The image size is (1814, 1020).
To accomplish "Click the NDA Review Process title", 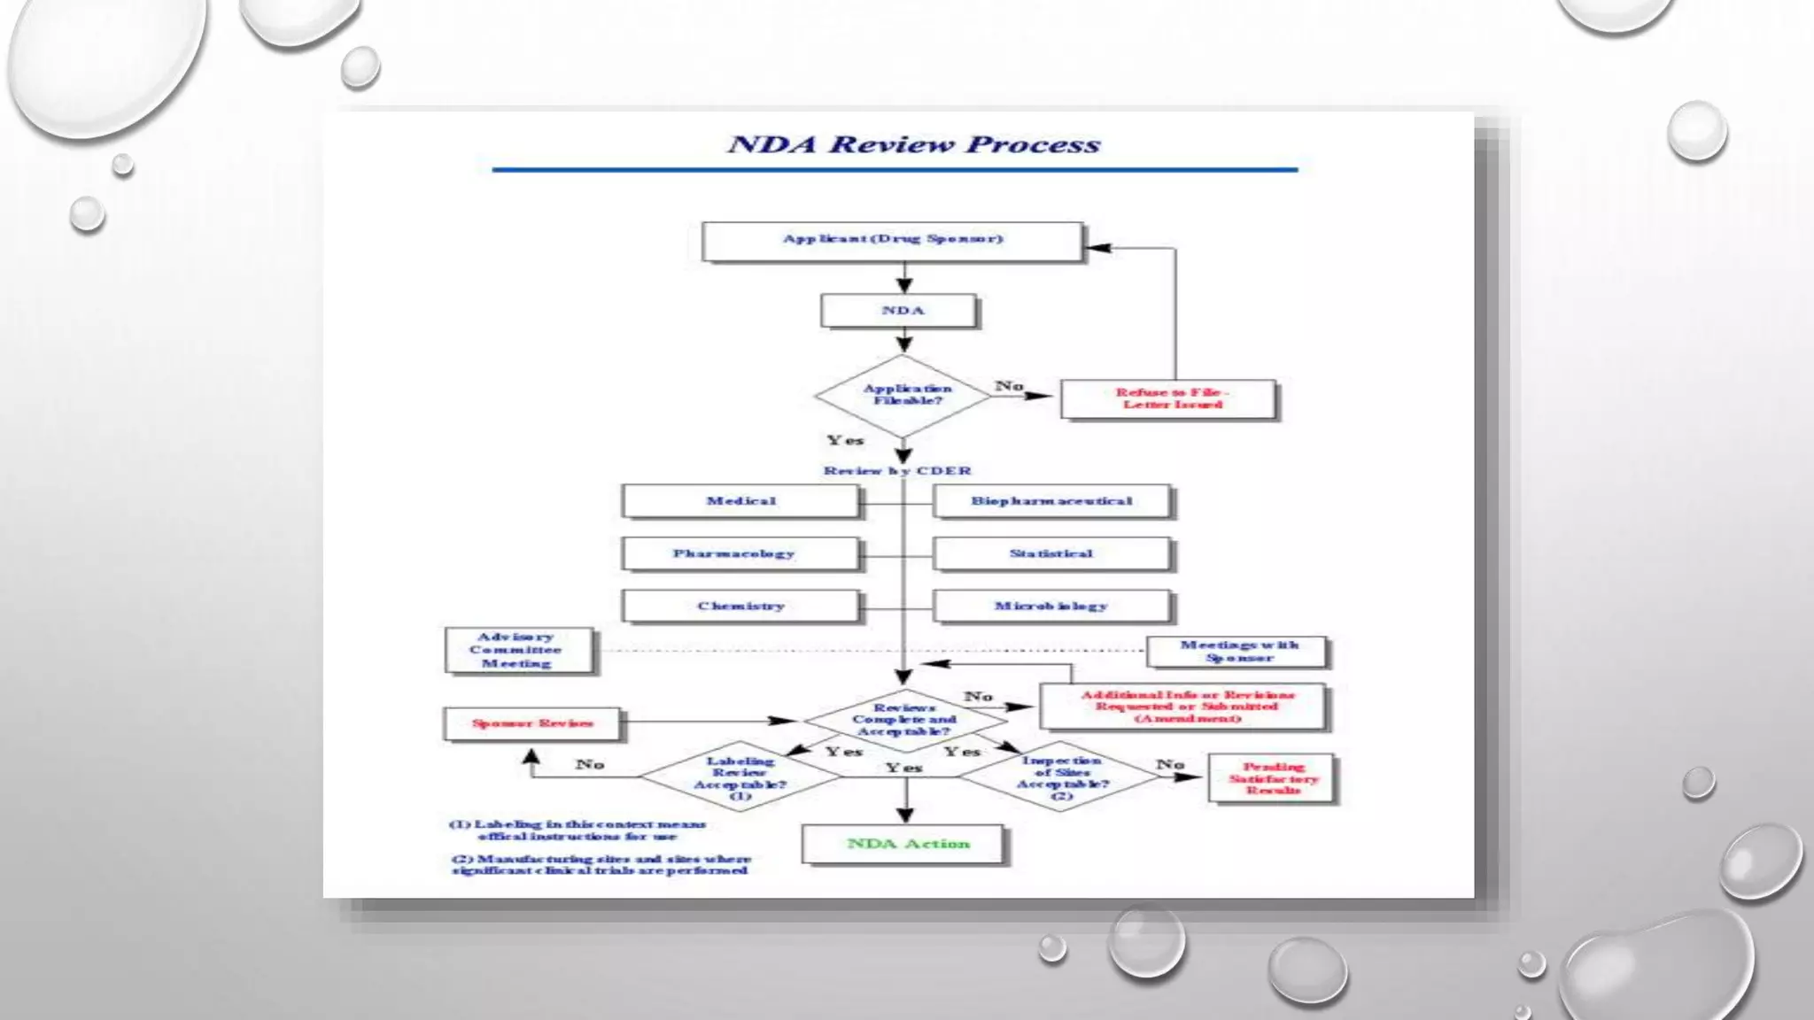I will point(913,144).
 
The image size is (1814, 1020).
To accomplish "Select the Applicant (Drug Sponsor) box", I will point(892,240).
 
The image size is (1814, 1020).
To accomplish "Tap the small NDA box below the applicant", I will point(900,311).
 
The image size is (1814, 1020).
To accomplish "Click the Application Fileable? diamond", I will point(903,395).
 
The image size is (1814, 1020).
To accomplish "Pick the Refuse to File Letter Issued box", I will point(1169,398).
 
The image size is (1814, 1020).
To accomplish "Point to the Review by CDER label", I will point(896,470).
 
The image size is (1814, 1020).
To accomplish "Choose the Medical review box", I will point(740,501).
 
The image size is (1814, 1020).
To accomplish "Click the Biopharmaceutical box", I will point(1051,501).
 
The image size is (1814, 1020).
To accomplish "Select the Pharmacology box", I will point(740,553).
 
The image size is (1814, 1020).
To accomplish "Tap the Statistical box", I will point(1051,553).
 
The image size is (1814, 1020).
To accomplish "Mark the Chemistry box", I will point(740,607).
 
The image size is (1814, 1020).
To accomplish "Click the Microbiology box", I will point(1051,607).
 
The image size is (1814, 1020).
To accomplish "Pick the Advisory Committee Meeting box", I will point(518,651).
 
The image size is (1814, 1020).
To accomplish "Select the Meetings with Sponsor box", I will point(1237,652).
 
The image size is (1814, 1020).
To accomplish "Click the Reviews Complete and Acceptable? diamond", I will point(903,720).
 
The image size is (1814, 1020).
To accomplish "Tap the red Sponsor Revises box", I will point(532,723).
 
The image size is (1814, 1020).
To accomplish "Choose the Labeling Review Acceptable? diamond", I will point(740,777).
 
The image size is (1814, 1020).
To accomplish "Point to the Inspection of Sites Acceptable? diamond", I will point(1060,777).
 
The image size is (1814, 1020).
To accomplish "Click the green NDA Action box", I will point(904,844).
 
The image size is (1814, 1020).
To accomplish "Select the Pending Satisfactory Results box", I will point(1272,778).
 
